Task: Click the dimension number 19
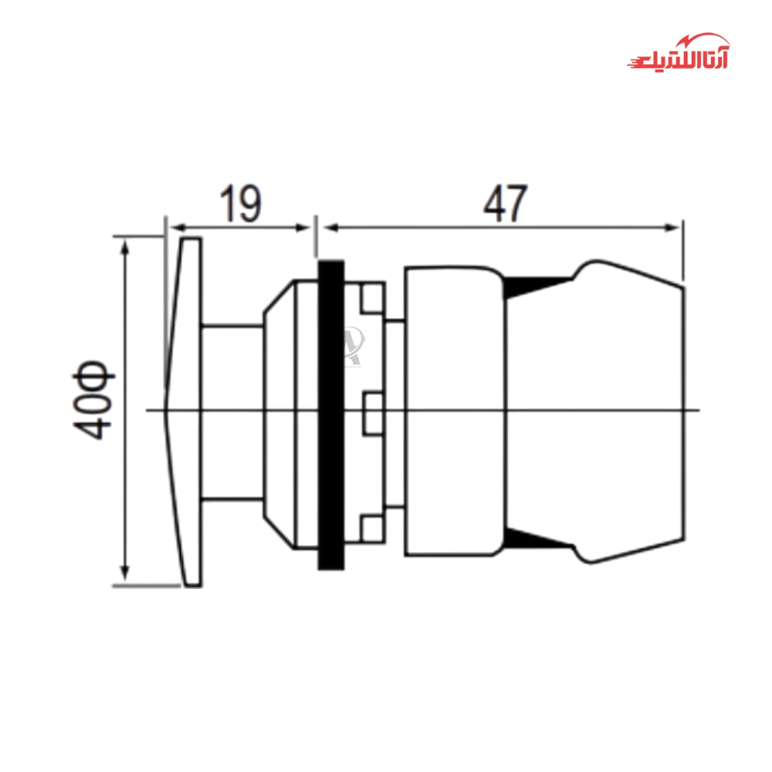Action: [240, 203]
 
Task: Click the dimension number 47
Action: [505, 203]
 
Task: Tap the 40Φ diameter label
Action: [93, 399]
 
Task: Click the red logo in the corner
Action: [679, 52]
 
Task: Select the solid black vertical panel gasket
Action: [331, 415]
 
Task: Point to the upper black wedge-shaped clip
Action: [537, 287]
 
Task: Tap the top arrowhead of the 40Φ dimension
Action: [125, 248]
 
